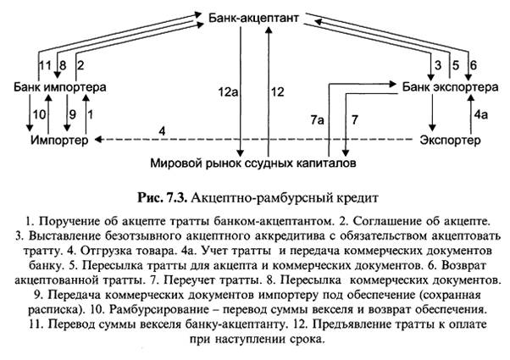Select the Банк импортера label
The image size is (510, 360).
(58, 86)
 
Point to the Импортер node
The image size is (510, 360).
(58, 140)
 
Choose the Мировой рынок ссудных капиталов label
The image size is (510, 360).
(253, 159)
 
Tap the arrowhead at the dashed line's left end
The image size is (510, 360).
(96, 140)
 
